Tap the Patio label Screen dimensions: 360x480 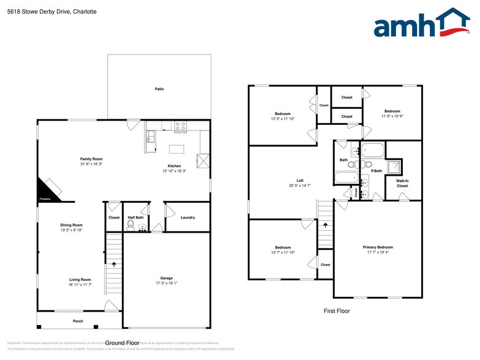coord(159,89)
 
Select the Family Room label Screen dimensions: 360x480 coord(91,159)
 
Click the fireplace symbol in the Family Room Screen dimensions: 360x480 coord(49,189)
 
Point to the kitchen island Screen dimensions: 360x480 coord(177,148)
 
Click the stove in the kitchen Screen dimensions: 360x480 coord(181,126)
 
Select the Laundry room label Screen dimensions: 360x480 coord(188,217)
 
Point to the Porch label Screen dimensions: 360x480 coord(78,321)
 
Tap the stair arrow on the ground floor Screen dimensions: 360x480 coord(114,264)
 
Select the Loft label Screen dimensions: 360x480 coord(300,181)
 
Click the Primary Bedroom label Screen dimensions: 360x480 coord(378,247)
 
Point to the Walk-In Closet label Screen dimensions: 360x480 coord(402,183)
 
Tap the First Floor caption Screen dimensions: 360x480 coord(337,311)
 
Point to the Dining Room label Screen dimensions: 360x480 coord(71,225)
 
